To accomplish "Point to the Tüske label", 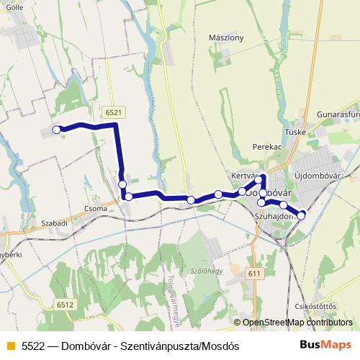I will point(296,132).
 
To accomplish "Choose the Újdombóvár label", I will point(316,176).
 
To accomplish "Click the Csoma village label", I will point(95,209).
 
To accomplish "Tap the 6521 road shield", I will point(113,112).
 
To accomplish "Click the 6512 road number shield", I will point(65,305).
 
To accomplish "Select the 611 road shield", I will point(254,274).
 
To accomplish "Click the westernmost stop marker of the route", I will point(56,130).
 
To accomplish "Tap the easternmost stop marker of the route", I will point(301,215).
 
